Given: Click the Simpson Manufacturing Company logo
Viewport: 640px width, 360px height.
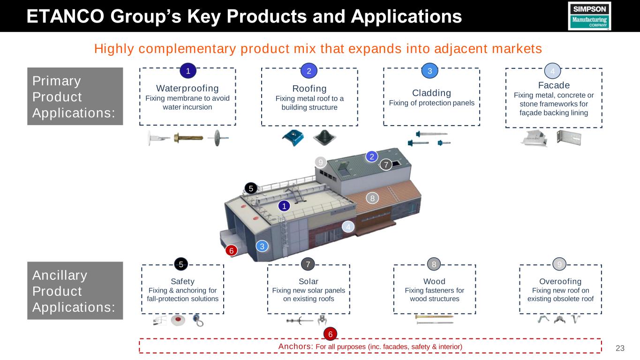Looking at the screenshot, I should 589,16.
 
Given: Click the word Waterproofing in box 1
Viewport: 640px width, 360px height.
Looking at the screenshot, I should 188,88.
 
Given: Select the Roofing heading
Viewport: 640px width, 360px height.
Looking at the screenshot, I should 309,89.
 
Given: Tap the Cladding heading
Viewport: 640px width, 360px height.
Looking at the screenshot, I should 431,93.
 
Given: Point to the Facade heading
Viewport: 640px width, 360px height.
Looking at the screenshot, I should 554,85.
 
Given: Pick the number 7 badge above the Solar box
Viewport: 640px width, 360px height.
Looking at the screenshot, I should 308,264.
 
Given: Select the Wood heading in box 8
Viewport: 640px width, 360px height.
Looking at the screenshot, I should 434,281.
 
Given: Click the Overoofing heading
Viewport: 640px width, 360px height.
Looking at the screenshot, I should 560,281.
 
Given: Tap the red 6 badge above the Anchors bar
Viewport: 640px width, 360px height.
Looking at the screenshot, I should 331,334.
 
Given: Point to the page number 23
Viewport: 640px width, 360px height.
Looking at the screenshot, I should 620,348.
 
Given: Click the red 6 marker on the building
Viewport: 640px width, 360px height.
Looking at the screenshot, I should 231,251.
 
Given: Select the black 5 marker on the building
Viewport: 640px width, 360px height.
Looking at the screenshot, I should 251,188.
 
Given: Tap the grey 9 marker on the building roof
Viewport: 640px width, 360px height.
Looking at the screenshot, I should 320,163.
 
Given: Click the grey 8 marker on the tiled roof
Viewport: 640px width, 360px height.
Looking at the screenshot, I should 372,198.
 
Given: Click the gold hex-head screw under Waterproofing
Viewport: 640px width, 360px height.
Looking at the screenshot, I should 188,138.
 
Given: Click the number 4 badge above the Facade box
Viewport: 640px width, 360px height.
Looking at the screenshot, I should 553,71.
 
